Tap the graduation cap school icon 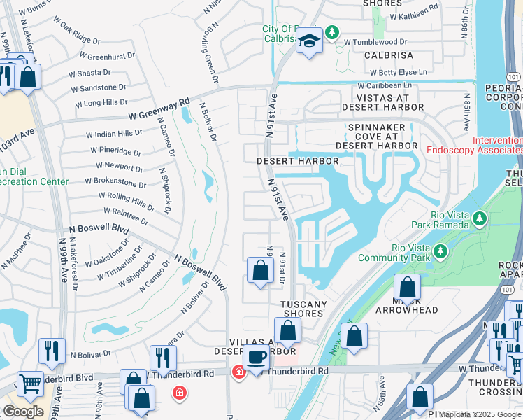(x=308, y=41)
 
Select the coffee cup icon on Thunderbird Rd (x=257, y=357)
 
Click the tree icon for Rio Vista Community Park (x=440, y=251)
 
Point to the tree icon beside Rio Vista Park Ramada (x=479, y=220)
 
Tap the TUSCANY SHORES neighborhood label (x=303, y=309)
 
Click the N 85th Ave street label (x=466, y=113)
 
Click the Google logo (x=23, y=411)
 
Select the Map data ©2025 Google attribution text (x=480, y=414)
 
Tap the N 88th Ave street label (x=382, y=400)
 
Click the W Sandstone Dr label (x=99, y=89)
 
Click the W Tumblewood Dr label (x=379, y=42)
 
